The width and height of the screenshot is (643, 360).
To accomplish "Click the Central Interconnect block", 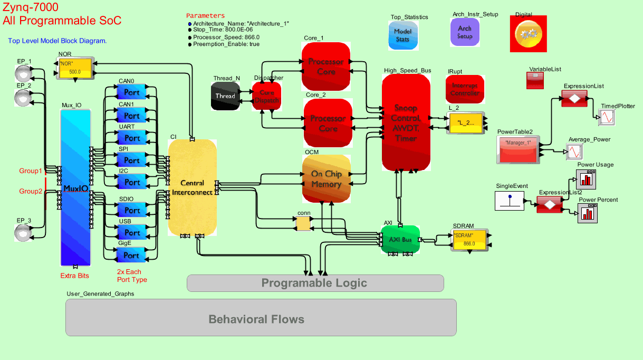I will tap(192, 187).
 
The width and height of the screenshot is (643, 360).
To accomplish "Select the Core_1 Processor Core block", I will tap(326, 67).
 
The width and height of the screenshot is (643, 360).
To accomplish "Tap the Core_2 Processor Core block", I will tap(328, 123).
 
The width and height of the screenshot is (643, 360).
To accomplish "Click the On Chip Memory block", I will tap(326, 179).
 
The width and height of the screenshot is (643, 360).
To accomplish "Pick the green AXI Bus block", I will tap(400, 239).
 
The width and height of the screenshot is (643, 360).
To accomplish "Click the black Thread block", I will tap(225, 96).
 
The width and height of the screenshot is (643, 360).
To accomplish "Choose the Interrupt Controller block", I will tap(465, 89).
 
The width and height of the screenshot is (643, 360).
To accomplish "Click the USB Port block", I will tap(131, 233).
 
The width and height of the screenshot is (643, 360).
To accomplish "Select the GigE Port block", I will tap(131, 255).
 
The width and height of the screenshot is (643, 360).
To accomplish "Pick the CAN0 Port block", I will tap(131, 92).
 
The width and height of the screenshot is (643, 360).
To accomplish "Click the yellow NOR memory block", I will tap(74, 68).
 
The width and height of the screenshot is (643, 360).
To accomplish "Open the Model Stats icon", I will tap(402, 35).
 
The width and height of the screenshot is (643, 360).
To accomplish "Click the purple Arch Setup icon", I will tap(465, 32).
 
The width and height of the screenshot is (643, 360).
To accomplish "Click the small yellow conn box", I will tap(303, 224).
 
